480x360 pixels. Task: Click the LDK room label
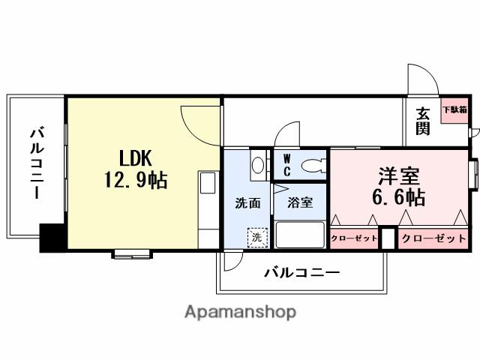(x=136, y=158)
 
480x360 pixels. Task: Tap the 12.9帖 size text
(x=136, y=180)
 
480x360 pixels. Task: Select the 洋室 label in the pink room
(x=397, y=175)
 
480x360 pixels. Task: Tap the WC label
(x=286, y=164)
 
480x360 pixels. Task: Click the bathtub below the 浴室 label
(x=300, y=234)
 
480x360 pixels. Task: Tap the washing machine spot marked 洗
(x=256, y=237)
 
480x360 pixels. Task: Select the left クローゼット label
(x=353, y=239)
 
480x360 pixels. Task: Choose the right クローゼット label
(x=433, y=239)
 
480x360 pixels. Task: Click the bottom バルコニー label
(x=301, y=272)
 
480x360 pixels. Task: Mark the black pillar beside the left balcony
(x=52, y=238)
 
